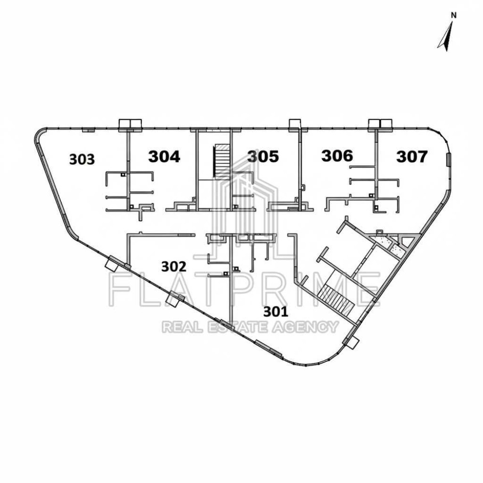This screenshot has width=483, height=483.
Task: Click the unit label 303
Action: pos(82,159)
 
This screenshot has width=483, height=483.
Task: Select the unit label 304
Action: pos(164,156)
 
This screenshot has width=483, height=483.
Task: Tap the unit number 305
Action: pos(263,156)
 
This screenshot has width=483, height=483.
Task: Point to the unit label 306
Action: pos(337,156)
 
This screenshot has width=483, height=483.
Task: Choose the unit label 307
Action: pos(412,156)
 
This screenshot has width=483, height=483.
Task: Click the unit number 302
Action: pos(174,267)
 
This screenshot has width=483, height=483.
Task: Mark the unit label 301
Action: pos(276,312)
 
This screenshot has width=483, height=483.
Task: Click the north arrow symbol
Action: pos(446,36)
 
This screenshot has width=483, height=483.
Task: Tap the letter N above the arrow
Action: pos(454,15)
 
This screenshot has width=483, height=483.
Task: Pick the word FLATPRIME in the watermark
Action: pos(245,289)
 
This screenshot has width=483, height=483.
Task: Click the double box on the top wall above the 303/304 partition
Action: pos(130,124)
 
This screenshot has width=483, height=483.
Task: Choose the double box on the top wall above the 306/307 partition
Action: pos(381,124)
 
